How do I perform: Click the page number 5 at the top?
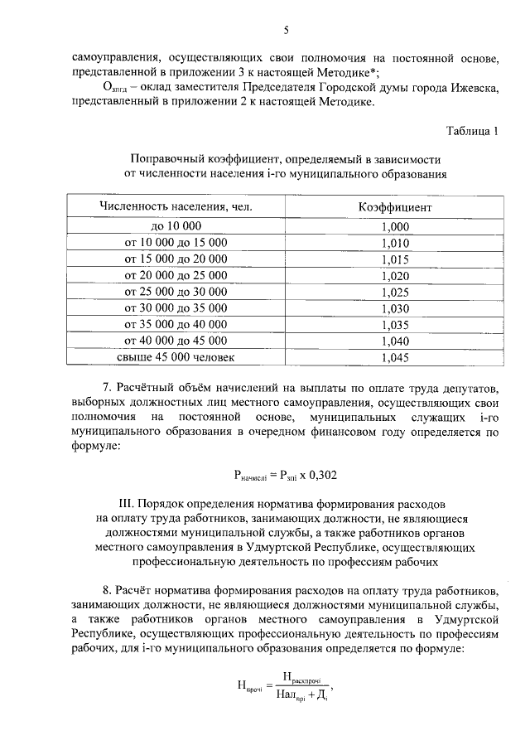(x=286, y=31)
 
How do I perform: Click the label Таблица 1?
(x=473, y=131)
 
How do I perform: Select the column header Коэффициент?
(x=395, y=206)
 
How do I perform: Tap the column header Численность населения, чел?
(x=176, y=206)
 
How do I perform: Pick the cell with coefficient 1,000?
(x=395, y=226)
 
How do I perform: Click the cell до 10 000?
(x=176, y=226)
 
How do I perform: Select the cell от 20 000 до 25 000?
(x=176, y=275)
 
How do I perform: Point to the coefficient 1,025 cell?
(x=395, y=292)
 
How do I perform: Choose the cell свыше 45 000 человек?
(x=176, y=357)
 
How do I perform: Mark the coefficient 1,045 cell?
(x=395, y=357)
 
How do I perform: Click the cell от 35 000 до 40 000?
(x=176, y=324)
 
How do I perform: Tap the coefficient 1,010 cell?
(x=395, y=243)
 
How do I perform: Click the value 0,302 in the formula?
(x=320, y=475)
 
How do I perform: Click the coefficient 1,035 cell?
(x=395, y=324)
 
